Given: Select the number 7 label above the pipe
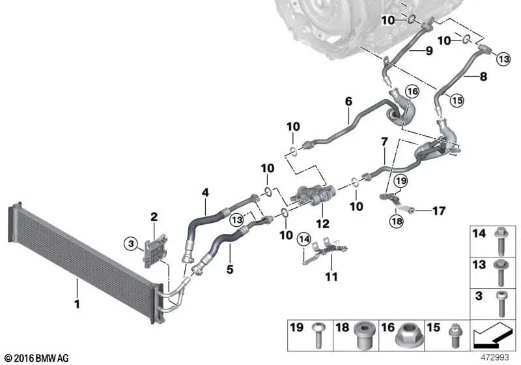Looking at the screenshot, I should coord(384,141).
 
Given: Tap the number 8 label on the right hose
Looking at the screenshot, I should coord(483,76).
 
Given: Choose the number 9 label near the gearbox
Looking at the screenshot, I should coord(429,50).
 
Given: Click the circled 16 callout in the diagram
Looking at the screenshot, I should coord(411,92).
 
